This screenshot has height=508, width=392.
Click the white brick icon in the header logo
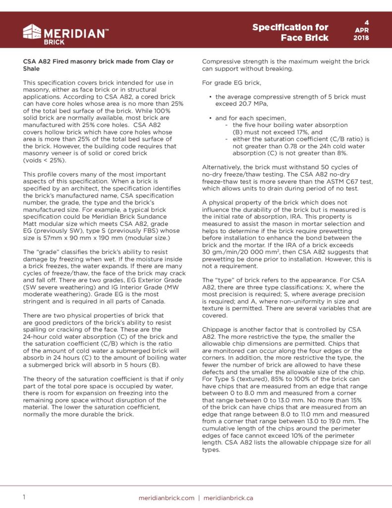(33, 32)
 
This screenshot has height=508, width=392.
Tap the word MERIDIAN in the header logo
(74, 33)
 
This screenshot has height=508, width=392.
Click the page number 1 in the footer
(24, 497)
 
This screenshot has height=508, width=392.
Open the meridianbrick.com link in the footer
(167, 498)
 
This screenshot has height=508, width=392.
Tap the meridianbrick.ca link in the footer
(228, 498)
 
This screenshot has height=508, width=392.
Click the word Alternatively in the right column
(223, 167)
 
